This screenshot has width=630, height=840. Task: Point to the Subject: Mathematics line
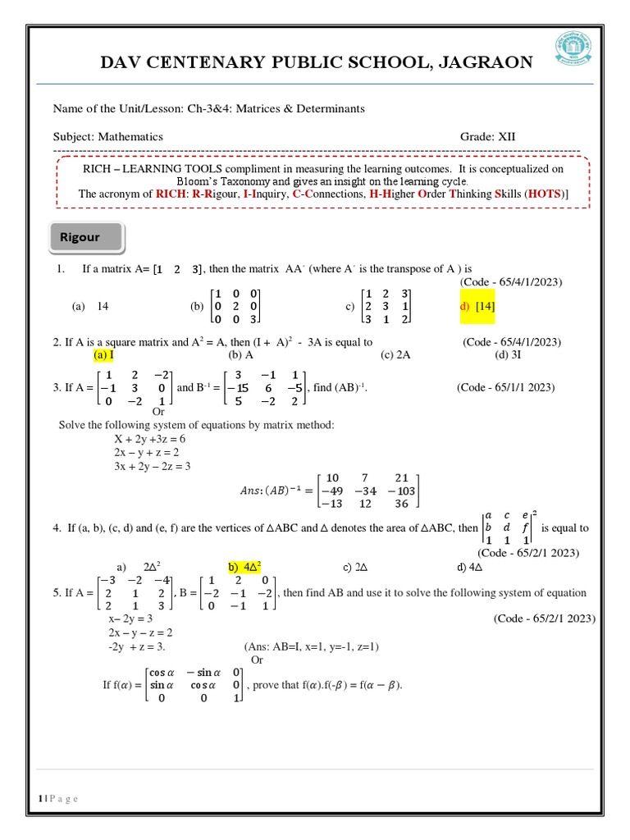(x=108, y=137)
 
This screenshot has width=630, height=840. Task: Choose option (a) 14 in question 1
(x=91, y=306)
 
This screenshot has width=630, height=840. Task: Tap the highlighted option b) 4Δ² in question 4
(x=244, y=567)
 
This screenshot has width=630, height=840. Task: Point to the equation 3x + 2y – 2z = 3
(x=152, y=466)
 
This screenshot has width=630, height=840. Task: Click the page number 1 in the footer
(x=39, y=799)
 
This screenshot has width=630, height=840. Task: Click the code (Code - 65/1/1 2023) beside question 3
(x=505, y=387)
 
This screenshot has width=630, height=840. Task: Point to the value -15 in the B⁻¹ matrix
(x=238, y=387)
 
